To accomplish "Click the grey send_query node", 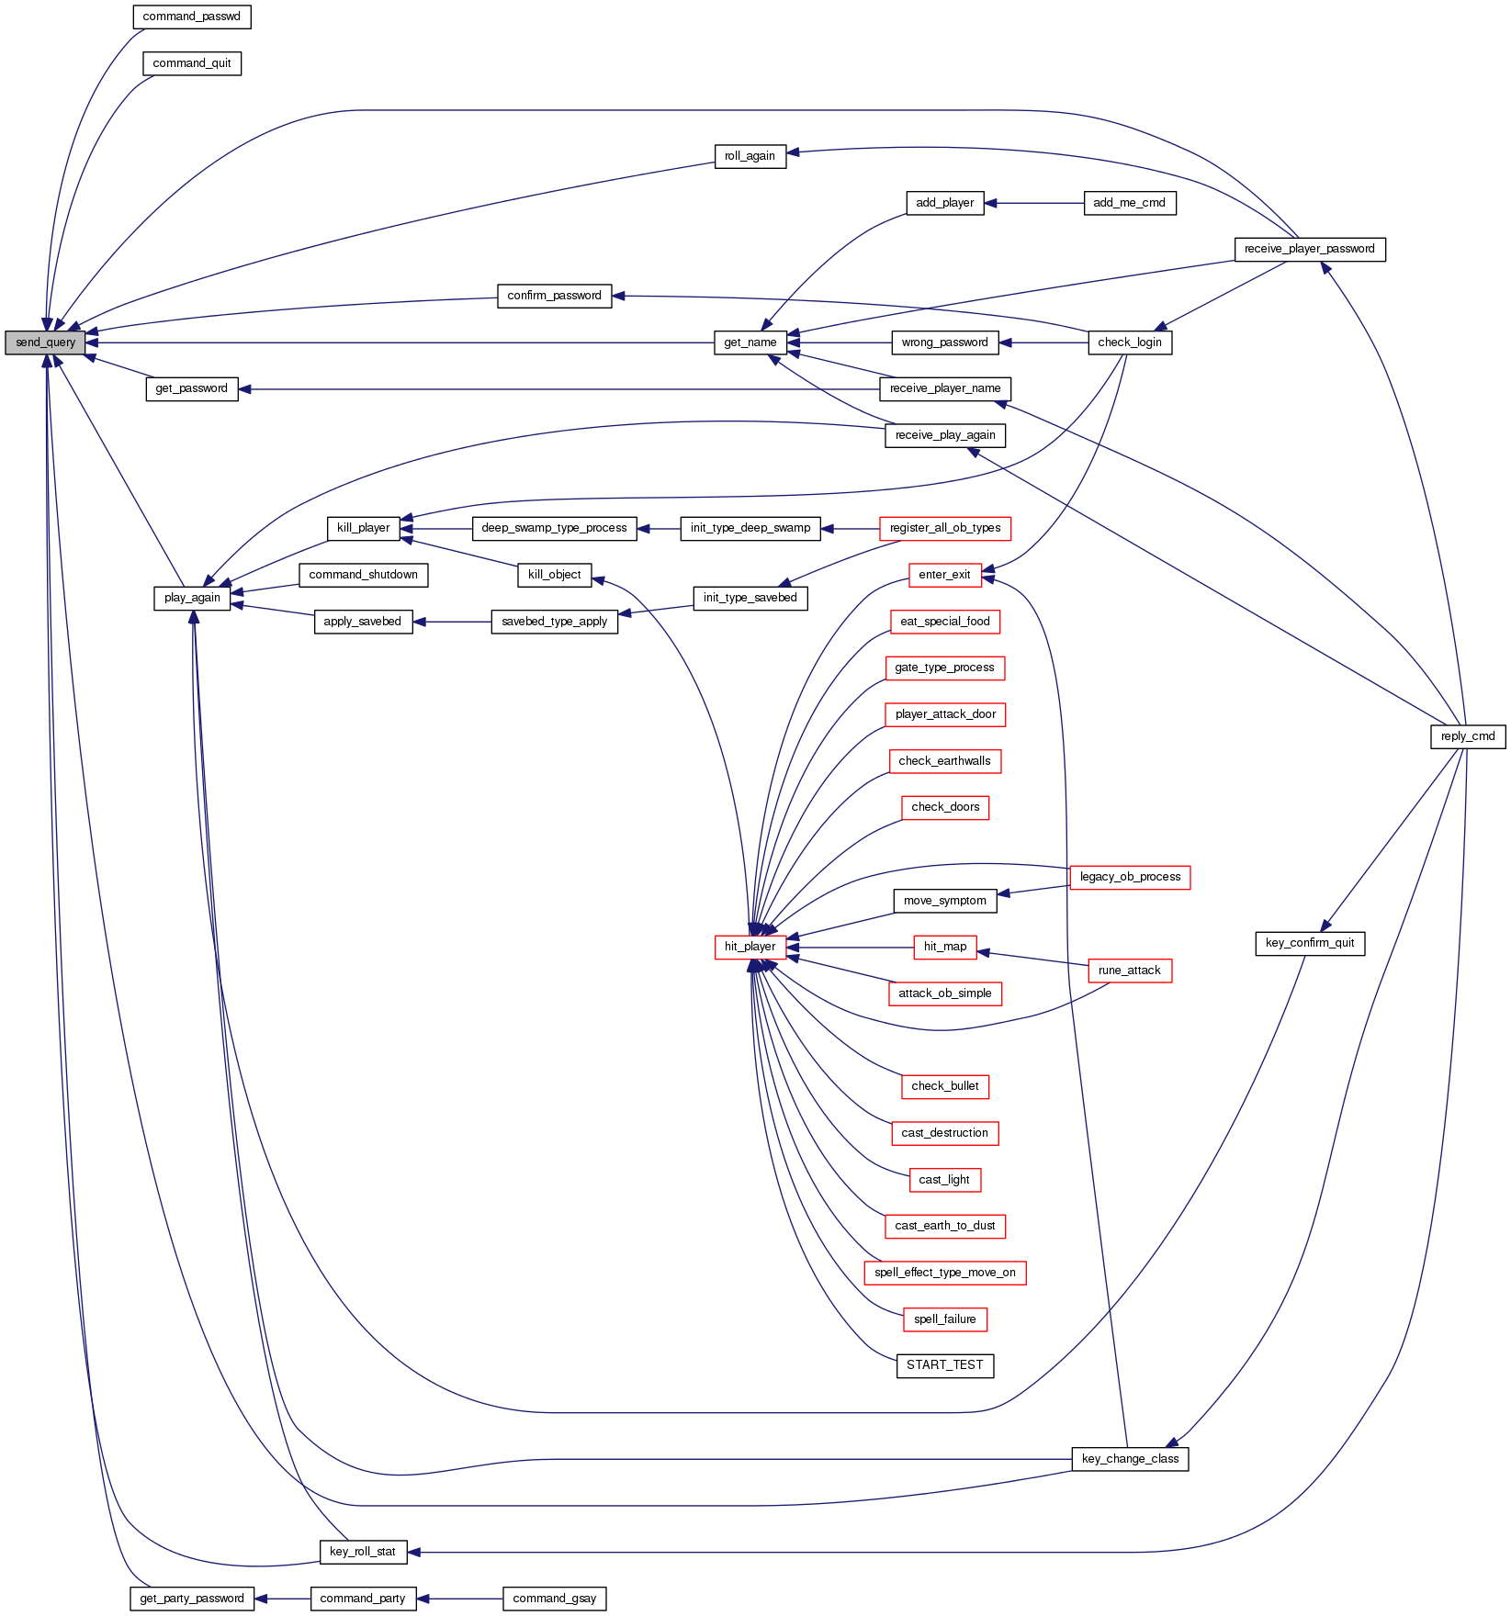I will click(x=45, y=342).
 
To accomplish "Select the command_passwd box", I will click(x=191, y=17).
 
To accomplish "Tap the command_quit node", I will click(x=191, y=63).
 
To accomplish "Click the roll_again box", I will click(x=750, y=156).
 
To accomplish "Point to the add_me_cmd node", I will click(x=1129, y=203).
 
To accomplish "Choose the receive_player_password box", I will click(x=1309, y=249).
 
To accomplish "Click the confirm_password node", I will click(x=554, y=296).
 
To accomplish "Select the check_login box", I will click(x=1129, y=342).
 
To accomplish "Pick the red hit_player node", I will click(x=750, y=947).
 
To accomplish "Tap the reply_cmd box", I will click(x=1467, y=736).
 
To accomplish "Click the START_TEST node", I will click(x=944, y=1365).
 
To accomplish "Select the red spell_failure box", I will click(x=944, y=1319).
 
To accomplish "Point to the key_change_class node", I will click(x=1129, y=1459).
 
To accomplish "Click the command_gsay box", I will click(x=554, y=1599).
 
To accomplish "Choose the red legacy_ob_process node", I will click(x=1129, y=877).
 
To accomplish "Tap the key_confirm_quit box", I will click(x=1309, y=943).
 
